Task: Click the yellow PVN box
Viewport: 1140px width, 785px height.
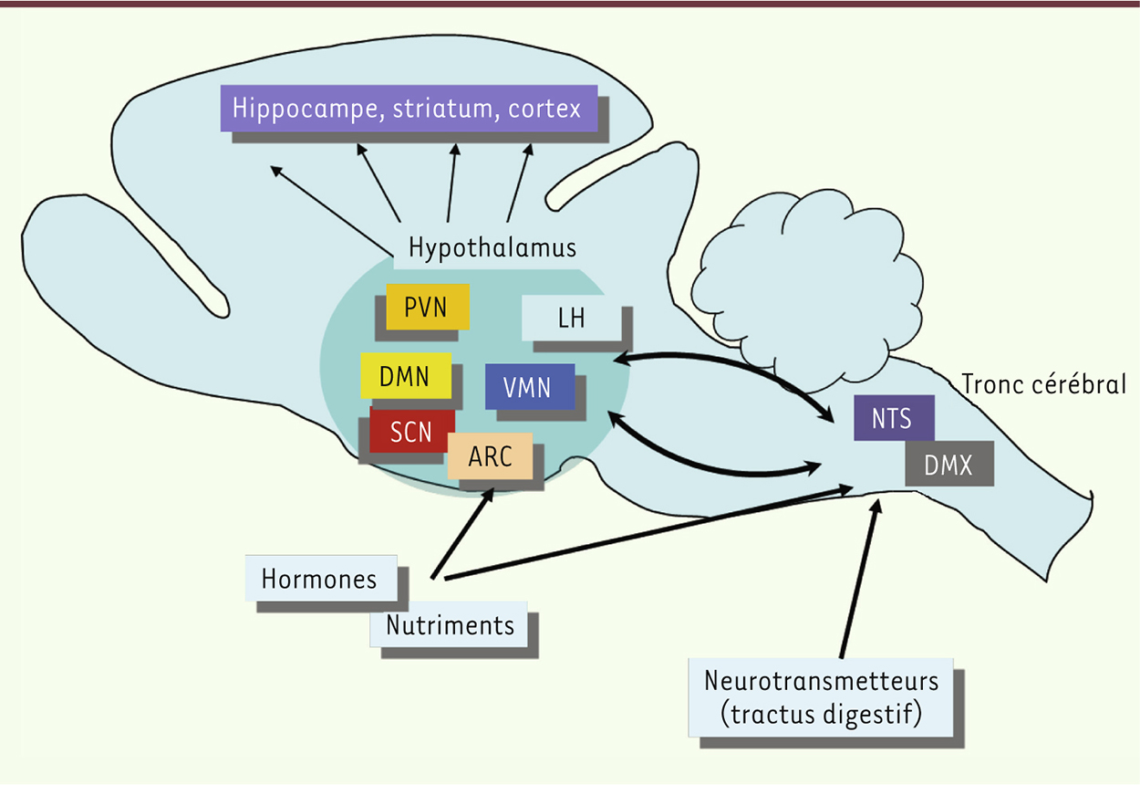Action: point(427,307)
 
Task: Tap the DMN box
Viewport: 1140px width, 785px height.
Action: point(406,375)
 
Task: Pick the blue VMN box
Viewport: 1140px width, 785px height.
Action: point(529,387)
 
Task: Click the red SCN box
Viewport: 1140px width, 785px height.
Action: point(411,431)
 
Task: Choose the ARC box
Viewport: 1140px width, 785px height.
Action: point(490,455)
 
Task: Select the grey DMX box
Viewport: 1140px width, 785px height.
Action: point(948,466)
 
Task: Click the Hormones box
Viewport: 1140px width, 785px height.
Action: point(319,579)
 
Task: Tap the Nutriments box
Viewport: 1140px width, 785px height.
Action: point(449,625)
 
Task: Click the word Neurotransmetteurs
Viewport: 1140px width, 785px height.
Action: point(822,681)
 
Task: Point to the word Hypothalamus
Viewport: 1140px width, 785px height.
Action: point(492,247)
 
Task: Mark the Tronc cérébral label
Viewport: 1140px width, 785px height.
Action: point(1043,384)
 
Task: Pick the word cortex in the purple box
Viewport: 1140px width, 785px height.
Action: point(545,108)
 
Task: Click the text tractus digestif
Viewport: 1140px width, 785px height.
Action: point(822,714)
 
